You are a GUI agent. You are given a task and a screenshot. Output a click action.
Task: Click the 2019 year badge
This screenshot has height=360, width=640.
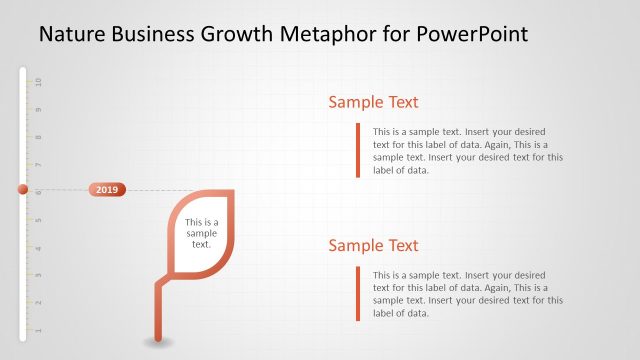(107, 189)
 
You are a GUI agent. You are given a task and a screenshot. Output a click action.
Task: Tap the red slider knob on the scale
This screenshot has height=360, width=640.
(22, 189)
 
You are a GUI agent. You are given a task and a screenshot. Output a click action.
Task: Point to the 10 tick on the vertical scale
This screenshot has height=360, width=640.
(38, 81)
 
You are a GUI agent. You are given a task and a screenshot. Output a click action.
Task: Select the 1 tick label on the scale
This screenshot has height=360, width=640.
(38, 329)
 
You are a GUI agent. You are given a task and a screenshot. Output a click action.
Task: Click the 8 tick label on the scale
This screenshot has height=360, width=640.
(38, 136)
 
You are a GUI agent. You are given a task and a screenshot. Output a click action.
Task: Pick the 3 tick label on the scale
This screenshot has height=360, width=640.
(38, 274)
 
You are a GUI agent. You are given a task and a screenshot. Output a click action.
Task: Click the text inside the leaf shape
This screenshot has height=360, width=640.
(201, 233)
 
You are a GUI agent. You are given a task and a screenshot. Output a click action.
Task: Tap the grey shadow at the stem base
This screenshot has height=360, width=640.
(158, 342)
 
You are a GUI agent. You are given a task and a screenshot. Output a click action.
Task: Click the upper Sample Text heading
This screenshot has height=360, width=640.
(373, 102)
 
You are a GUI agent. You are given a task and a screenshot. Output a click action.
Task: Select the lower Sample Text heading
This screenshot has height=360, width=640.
(373, 246)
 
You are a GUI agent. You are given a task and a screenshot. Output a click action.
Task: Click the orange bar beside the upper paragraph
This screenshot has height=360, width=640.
(357, 150)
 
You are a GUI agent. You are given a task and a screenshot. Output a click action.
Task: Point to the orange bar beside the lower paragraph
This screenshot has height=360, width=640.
(357, 293)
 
